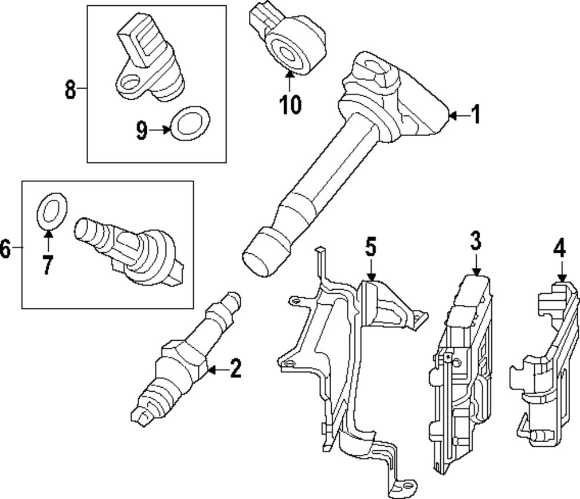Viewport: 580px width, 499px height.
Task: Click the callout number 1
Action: click(x=476, y=115)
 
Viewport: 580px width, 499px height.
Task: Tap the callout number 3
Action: click(x=476, y=241)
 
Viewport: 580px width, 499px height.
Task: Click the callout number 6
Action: click(x=5, y=249)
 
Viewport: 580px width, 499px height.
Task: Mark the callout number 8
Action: click(x=70, y=89)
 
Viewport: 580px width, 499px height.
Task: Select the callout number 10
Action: click(x=290, y=104)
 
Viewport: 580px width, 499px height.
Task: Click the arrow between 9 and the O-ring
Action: click(x=160, y=131)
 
